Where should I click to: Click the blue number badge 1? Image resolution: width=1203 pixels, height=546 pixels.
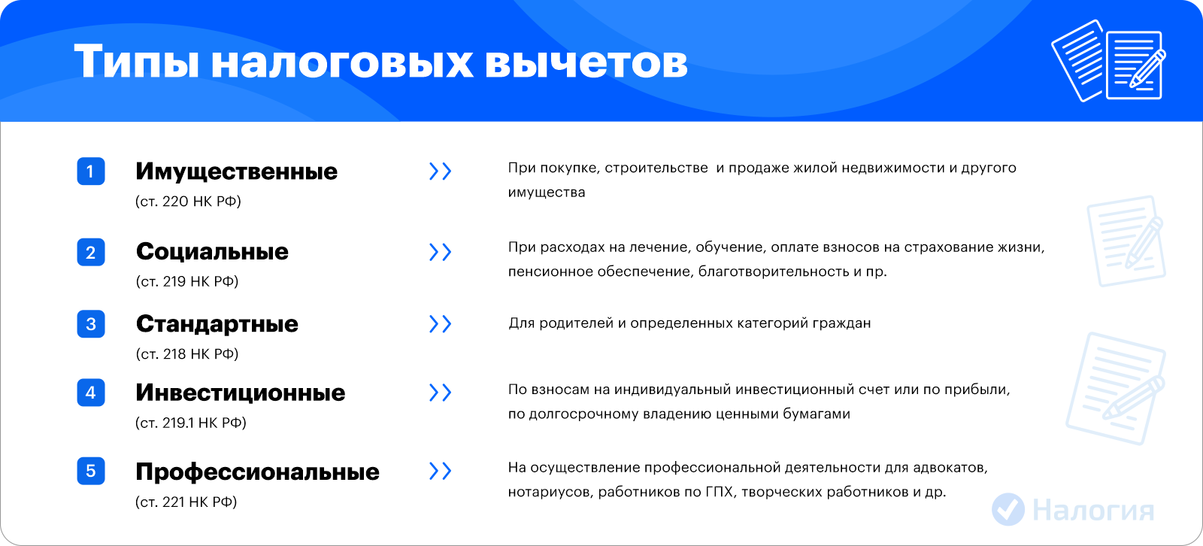tap(91, 171)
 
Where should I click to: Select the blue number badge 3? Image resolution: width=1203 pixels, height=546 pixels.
tap(91, 324)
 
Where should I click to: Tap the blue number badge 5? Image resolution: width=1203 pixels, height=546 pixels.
tap(91, 471)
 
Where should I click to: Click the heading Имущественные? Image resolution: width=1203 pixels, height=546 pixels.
tap(236, 172)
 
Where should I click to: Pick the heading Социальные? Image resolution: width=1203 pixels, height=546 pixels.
tap(212, 251)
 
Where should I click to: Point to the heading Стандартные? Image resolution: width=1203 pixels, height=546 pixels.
tap(217, 324)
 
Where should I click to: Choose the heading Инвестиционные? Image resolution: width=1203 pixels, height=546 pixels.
tap(240, 393)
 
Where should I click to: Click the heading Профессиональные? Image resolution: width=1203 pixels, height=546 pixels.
tap(257, 472)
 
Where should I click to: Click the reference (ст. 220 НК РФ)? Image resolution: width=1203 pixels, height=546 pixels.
tap(188, 202)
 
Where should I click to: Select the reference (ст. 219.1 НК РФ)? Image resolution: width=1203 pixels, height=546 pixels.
tap(191, 423)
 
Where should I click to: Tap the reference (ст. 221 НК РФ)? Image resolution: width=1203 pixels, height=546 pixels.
tap(186, 502)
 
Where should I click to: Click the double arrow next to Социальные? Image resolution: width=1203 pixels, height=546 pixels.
tap(441, 252)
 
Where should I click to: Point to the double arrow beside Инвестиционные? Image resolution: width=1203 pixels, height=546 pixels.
tap(441, 393)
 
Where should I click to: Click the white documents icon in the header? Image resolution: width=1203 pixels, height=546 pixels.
tap(1109, 61)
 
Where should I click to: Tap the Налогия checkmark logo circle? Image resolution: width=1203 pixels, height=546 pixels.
tap(1008, 509)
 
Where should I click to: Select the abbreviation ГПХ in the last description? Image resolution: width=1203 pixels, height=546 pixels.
tap(719, 492)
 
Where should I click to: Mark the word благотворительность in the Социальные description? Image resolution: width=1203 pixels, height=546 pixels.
tap(774, 272)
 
